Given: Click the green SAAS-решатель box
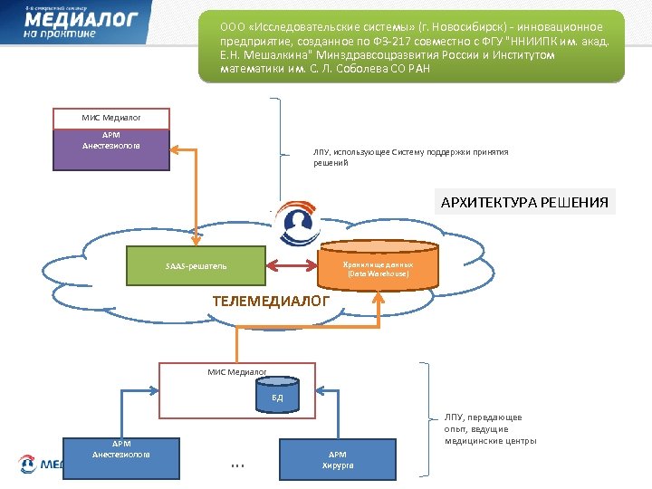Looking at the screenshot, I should (197, 266).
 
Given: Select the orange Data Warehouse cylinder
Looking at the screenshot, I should (379, 263).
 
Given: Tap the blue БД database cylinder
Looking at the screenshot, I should (277, 396).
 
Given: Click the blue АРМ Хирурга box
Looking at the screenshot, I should (338, 459).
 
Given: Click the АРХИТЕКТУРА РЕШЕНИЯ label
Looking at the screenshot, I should (523, 201).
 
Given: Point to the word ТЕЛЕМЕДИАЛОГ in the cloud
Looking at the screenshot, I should (271, 301).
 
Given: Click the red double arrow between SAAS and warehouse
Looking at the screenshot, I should (292, 266).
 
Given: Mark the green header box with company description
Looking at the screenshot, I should (411, 47).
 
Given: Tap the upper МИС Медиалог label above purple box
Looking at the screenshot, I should (111, 118).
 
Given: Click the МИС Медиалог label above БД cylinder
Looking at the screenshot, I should (237, 371).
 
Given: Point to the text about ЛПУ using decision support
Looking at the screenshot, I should (410, 157).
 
